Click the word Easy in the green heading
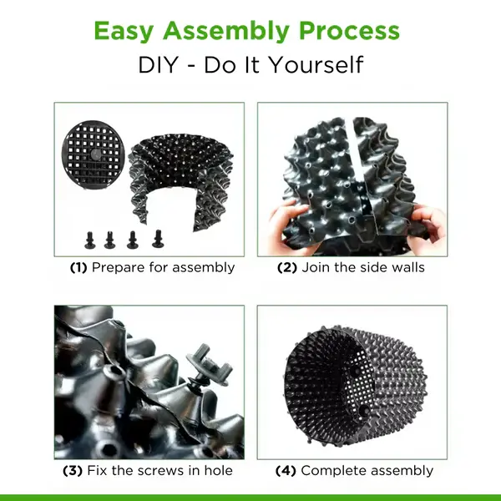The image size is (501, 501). click(125, 31)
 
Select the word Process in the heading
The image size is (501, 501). click(353, 31)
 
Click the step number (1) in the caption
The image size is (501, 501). click(78, 268)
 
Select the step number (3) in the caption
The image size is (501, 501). click(73, 470)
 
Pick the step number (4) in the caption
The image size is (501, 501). click(286, 470)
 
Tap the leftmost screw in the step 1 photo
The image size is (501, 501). click(89, 238)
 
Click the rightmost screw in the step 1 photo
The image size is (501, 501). click(156, 236)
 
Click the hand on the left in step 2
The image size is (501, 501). click(284, 224)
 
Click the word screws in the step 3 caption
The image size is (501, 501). click(159, 470)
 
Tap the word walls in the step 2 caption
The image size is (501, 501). click(407, 268)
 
